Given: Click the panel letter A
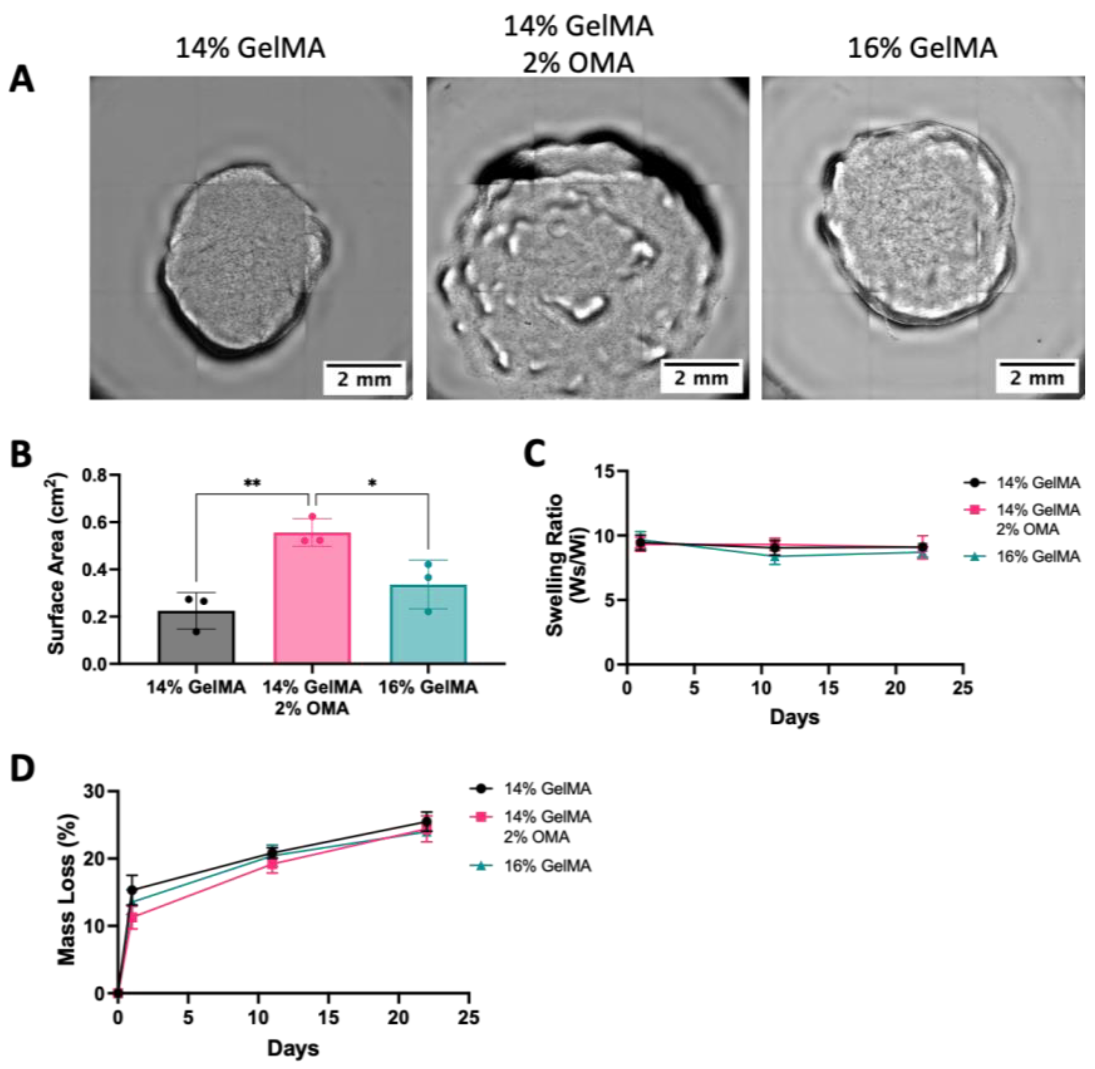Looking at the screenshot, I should tap(21, 80).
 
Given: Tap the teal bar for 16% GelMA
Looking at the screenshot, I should tap(428, 624).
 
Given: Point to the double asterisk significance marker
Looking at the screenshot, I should tap(252, 483).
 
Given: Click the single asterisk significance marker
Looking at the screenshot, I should tap(372, 483).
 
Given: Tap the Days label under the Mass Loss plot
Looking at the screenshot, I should tap(293, 1048).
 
